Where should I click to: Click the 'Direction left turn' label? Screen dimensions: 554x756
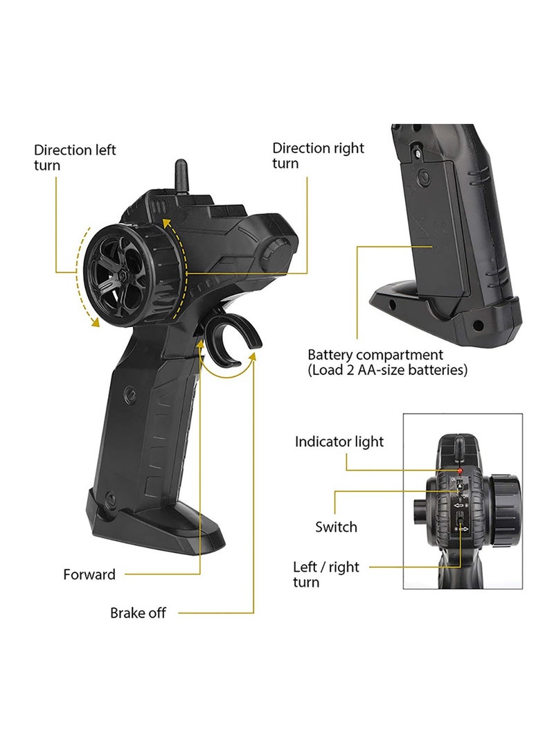point(75,158)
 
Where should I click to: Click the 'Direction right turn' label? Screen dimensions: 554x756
point(318,155)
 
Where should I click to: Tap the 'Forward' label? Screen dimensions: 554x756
point(89,574)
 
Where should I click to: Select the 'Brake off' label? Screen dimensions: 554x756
point(138,613)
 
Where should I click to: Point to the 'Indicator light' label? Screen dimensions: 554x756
point(339,441)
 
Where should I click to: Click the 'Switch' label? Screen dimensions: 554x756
point(337,527)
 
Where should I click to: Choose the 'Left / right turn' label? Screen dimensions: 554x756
point(326,574)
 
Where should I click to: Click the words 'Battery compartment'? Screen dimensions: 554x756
point(375,355)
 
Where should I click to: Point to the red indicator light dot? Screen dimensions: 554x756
point(460,470)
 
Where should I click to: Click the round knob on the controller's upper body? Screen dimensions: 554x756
point(276,251)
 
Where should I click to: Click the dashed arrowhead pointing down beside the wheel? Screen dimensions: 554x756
point(95,322)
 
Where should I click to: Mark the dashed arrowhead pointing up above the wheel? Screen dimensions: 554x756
point(166,222)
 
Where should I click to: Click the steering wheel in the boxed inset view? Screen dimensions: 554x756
point(505,510)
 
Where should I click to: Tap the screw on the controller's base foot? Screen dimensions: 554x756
point(110,499)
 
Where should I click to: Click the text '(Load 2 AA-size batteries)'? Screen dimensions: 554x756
point(388,370)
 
